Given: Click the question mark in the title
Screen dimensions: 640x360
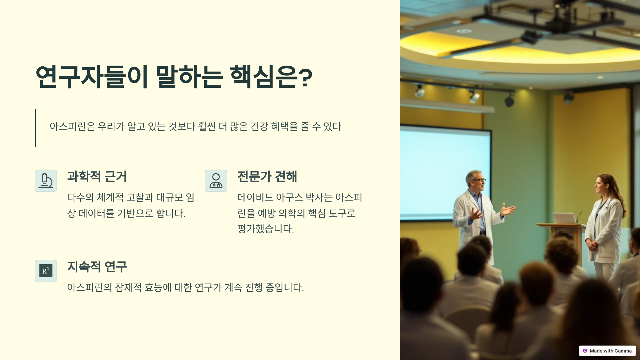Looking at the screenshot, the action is (x=305, y=78).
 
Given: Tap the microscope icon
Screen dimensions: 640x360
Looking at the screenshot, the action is (x=46, y=181).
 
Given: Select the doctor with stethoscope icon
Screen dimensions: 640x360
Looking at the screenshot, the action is (x=216, y=181).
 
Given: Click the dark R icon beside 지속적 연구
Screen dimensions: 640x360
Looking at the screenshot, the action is (x=46, y=271).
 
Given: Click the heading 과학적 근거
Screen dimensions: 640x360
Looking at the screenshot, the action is (x=97, y=177).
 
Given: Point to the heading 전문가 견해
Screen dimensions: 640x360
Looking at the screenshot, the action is (x=267, y=177).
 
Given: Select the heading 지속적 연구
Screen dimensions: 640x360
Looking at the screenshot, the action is (x=97, y=267).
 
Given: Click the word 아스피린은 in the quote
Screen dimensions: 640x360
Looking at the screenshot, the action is (x=72, y=126).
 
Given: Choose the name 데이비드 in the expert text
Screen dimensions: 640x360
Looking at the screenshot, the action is (x=255, y=197).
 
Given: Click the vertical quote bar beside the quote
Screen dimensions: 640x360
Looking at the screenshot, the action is (x=35, y=128).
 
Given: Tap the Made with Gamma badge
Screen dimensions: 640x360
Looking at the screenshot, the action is (x=607, y=351).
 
